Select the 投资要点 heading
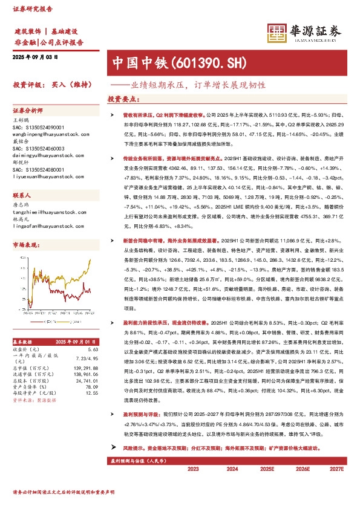(121, 98)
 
